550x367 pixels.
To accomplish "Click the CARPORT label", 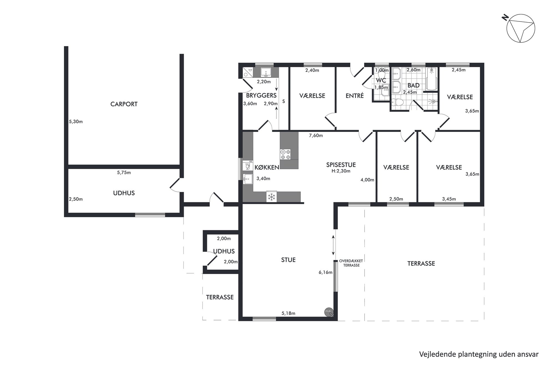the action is (124, 104).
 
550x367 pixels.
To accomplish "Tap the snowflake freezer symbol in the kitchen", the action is (272, 197).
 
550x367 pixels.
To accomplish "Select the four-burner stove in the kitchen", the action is (285, 155).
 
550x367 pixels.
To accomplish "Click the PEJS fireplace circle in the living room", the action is (329, 312).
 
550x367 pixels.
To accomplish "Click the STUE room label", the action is (288, 260).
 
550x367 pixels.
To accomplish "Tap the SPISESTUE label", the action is (341, 165).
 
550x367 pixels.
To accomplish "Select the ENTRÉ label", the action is (355, 96).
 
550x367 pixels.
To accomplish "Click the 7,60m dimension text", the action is (316, 136).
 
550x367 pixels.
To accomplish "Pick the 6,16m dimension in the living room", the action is (325, 272).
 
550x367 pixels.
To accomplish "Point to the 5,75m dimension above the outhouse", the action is (124, 173).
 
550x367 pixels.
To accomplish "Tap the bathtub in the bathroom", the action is (431, 79).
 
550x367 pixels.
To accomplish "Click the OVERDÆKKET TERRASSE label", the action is (351, 263).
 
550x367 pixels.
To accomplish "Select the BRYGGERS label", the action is (261, 95).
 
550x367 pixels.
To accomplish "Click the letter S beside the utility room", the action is (284, 102).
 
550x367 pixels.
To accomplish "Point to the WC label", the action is (381, 80).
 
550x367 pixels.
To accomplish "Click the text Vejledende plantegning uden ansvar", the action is (479, 354).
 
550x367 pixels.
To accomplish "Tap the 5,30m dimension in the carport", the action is (76, 122).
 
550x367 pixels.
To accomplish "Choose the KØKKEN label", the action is (267, 167).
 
